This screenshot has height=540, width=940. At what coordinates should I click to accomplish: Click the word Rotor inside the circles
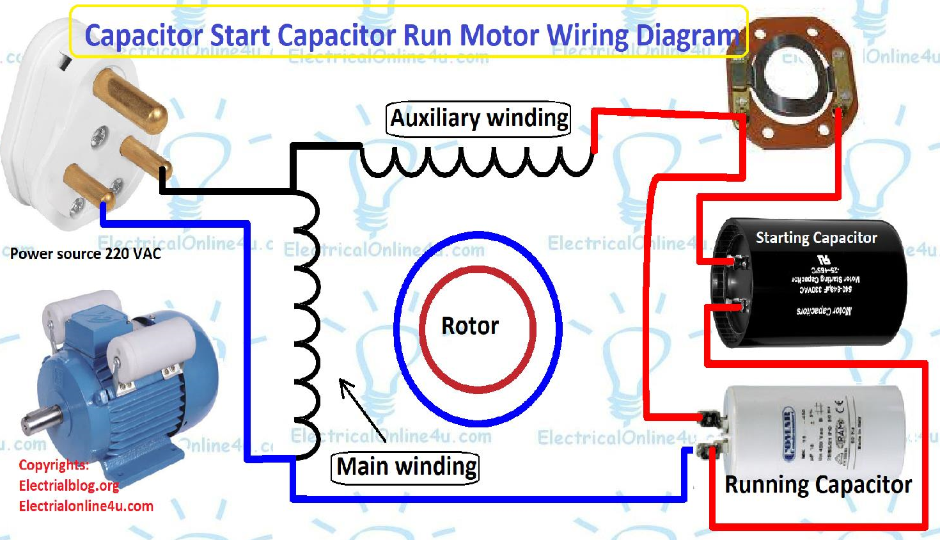click(469, 326)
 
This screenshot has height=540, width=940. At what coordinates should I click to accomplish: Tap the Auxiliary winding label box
click(478, 118)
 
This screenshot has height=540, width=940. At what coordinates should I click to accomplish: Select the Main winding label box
click(406, 467)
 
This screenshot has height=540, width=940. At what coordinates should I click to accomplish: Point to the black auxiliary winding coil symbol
click(476, 163)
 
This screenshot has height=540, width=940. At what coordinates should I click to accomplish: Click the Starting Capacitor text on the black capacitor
click(816, 238)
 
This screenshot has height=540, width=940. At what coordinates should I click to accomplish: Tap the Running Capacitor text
click(818, 484)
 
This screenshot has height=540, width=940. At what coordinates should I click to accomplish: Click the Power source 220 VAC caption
click(85, 254)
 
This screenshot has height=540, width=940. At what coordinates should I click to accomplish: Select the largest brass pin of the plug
click(131, 102)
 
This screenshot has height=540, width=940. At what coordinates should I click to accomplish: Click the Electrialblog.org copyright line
click(68, 486)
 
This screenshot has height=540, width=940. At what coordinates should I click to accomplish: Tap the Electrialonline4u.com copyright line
click(86, 506)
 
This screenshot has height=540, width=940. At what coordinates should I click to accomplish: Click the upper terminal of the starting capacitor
click(740, 262)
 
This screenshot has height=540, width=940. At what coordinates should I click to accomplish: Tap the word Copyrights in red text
click(53, 465)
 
